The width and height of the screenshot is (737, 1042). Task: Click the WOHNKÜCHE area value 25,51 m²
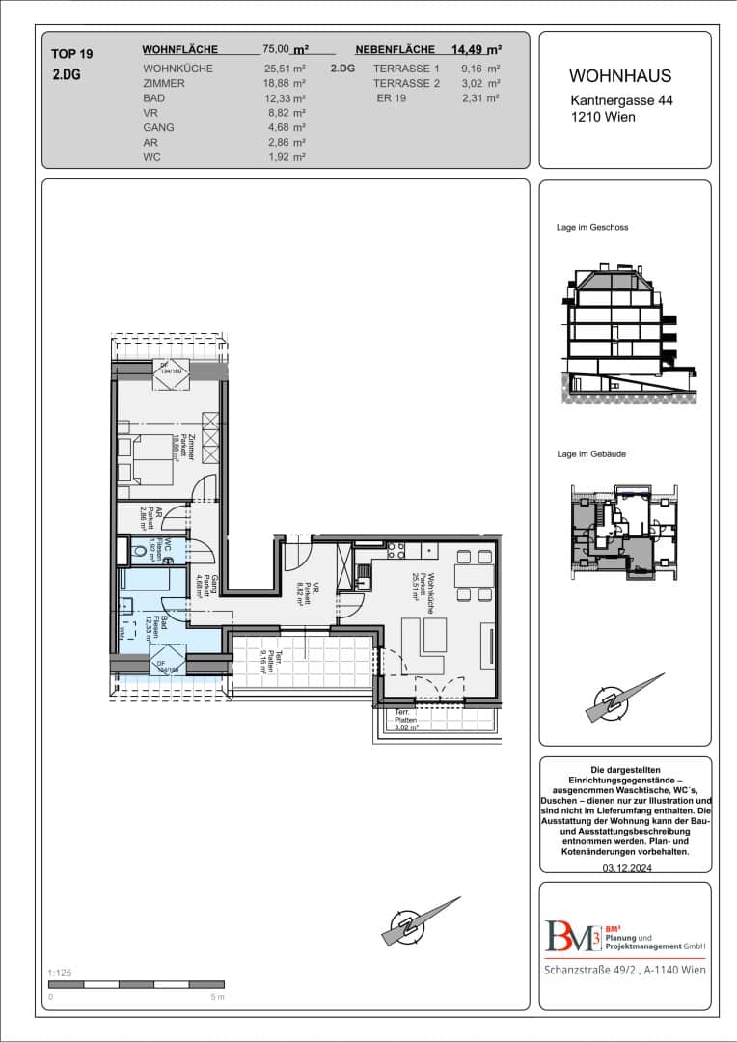click(x=285, y=69)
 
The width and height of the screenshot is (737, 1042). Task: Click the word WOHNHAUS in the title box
click(x=620, y=76)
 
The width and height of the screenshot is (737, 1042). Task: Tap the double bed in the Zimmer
click(x=147, y=459)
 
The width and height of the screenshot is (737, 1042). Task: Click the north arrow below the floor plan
click(x=421, y=923)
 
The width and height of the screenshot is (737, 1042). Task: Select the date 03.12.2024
click(x=625, y=868)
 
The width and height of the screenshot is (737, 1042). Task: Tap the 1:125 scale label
click(x=59, y=973)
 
